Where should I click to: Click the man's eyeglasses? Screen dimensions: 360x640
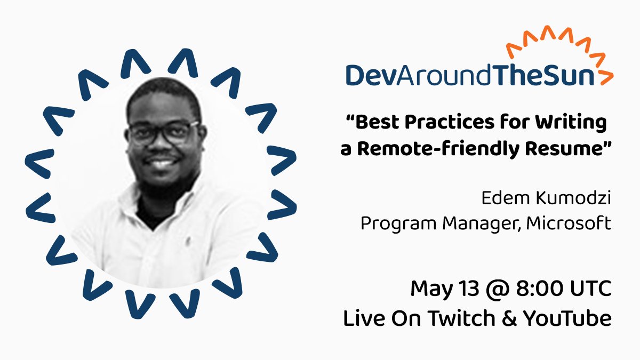pyautogui.click(x=163, y=132)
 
